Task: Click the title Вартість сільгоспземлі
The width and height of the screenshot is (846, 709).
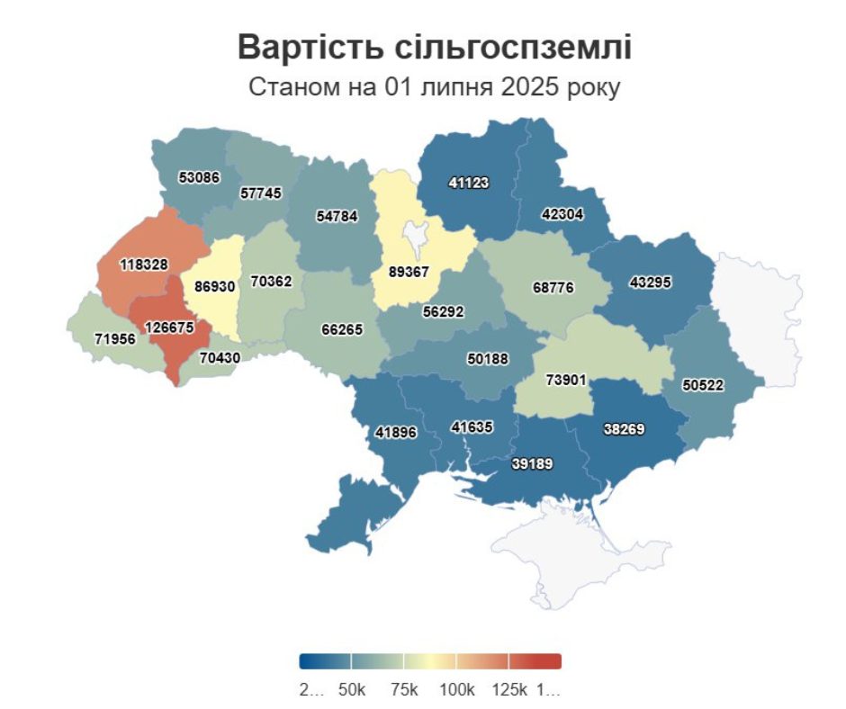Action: (434, 49)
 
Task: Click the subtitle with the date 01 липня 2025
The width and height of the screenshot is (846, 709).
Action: (434, 89)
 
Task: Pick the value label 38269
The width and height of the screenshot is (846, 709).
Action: (623, 430)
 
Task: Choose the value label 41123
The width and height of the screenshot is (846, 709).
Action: (468, 183)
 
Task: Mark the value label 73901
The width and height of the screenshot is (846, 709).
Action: (566, 380)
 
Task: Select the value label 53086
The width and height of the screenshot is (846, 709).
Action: (200, 177)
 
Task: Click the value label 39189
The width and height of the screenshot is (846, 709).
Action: (532, 464)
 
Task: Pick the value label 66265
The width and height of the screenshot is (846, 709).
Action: (342, 329)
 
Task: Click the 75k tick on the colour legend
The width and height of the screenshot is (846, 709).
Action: (404, 689)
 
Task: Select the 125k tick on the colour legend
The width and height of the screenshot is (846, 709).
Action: (509, 689)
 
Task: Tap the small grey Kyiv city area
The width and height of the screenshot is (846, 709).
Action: (415, 236)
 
